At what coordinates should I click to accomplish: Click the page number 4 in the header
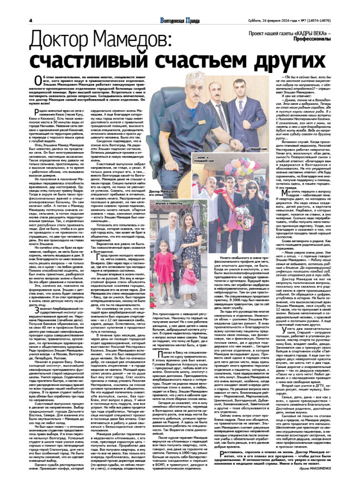(30, 20)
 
